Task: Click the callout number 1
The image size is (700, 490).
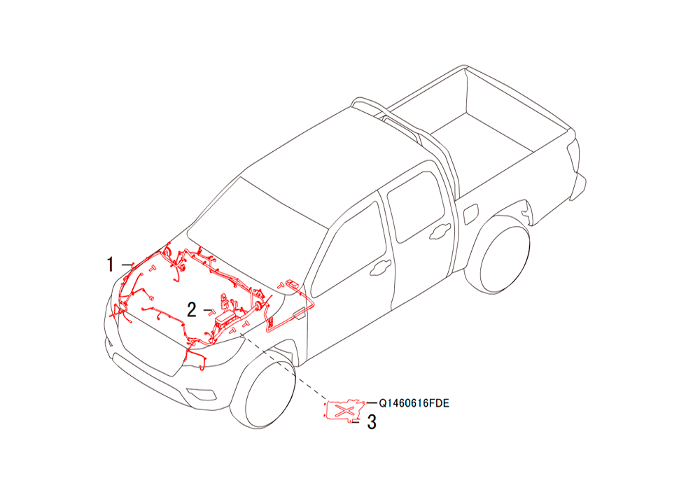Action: click(110, 264)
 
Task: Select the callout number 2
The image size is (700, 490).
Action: click(192, 309)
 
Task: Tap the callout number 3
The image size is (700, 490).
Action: click(372, 422)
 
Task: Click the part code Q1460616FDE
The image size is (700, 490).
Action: click(414, 403)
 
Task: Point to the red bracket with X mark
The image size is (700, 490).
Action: click(344, 410)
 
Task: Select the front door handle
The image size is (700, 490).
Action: click(381, 267)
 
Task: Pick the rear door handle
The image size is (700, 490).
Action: click(440, 231)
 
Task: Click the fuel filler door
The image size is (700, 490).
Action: click(471, 214)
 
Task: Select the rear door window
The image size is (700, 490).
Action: click(416, 206)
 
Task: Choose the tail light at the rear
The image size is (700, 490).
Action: click(575, 157)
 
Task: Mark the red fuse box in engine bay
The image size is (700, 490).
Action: click(226, 318)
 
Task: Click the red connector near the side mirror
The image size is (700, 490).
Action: click(291, 283)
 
